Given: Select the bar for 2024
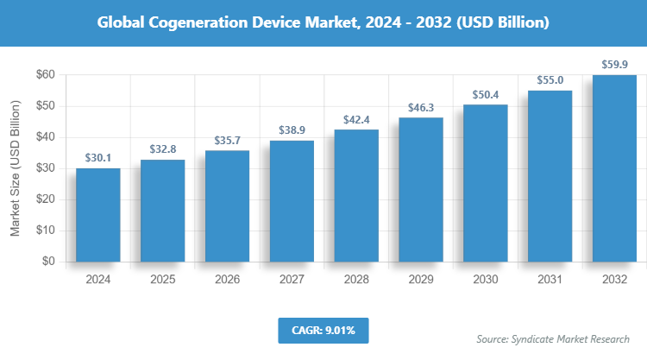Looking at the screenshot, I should tap(97, 215).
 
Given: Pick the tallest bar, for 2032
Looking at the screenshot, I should tap(615, 168).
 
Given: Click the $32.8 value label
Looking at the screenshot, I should tap(162, 148).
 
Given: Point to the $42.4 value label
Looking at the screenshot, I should tap(356, 119).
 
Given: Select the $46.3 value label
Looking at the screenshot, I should tap(421, 107).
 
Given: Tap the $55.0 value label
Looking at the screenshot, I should tap(550, 79).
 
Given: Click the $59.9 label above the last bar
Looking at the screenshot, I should tap(615, 65).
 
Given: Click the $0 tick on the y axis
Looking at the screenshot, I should tap(49, 262).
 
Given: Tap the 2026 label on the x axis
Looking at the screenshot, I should tap(227, 280).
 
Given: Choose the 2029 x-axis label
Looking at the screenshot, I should tap(421, 280).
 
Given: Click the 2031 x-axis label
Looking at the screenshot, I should tap(550, 280).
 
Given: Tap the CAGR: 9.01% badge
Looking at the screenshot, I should tap(323, 330).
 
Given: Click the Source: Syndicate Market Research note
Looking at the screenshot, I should tap(554, 339).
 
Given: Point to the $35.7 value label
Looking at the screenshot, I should tap(227, 140).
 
